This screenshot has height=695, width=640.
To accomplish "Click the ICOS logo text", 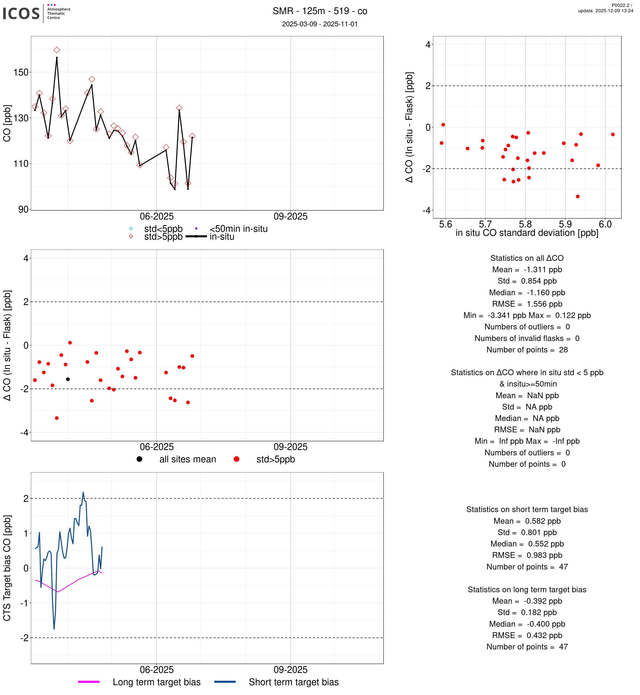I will [x=21, y=13].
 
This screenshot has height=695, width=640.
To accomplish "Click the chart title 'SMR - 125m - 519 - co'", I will [x=320, y=11].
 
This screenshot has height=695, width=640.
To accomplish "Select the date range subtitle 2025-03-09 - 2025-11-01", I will [x=320, y=24].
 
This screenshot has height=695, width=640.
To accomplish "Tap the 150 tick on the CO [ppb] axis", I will [x=21, y=72].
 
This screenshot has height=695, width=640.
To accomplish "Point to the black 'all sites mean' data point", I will [x=68, y=379].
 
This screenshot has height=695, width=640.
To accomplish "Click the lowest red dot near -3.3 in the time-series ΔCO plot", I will [x=57, y=418].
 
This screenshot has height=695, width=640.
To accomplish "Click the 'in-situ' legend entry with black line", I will [x=222, y=237].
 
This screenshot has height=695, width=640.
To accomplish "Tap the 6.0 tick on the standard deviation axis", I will [x=605, y=224].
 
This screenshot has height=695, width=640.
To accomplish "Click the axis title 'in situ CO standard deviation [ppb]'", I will [x=527, y=233].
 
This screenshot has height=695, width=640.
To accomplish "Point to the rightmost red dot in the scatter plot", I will [x=613, y=134].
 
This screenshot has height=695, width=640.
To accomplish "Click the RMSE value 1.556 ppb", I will [x=544, y=304].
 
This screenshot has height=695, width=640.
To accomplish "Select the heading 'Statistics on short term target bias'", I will [x=527, y=509].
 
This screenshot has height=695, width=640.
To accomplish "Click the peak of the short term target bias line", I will [x=83, y=492].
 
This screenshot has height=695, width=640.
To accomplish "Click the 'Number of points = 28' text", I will [x=527, y=350].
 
